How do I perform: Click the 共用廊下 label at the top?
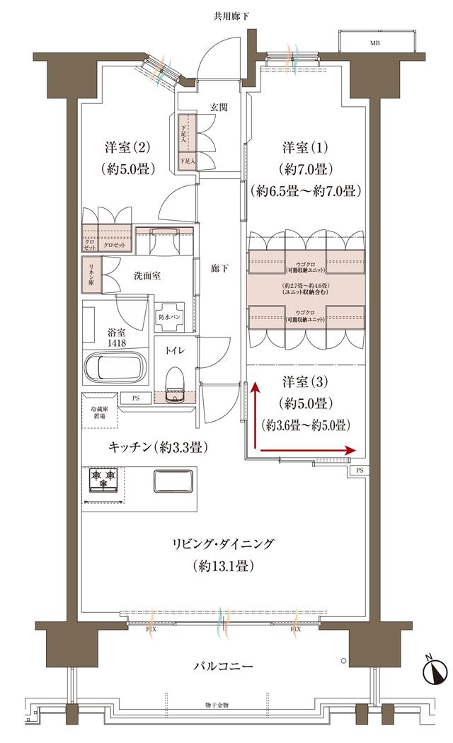pyautogui.click(x=226, y=15)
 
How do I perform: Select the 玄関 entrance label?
pyautogui.click(x=218, y=108)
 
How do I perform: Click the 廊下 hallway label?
pyautogui.click(x=219, y=268)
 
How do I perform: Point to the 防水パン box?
pyautogui.click(x=170, y=317)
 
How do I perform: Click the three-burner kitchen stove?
pyautogui.click(x=104, y=479)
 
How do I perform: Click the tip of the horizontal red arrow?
pyautogui.click(x=352, y=450)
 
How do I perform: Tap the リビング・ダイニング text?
pyautogui.click(x=222, y=544)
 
